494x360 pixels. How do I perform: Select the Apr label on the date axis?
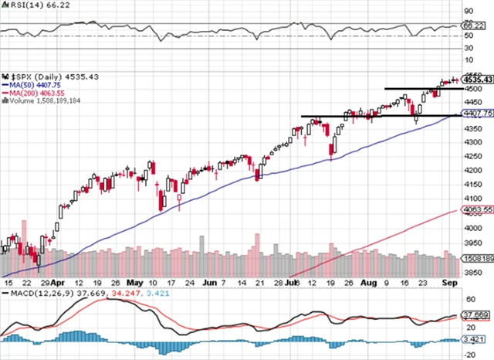[x=58, y=283]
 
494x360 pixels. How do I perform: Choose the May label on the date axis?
[x=135, y=283]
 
